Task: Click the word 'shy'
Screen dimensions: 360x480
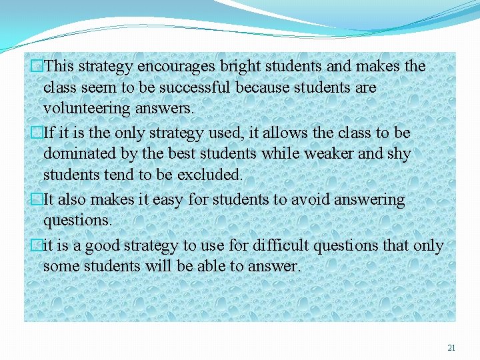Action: click(x=399, y=153)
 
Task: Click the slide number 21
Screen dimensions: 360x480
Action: click(x=451, y=347)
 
